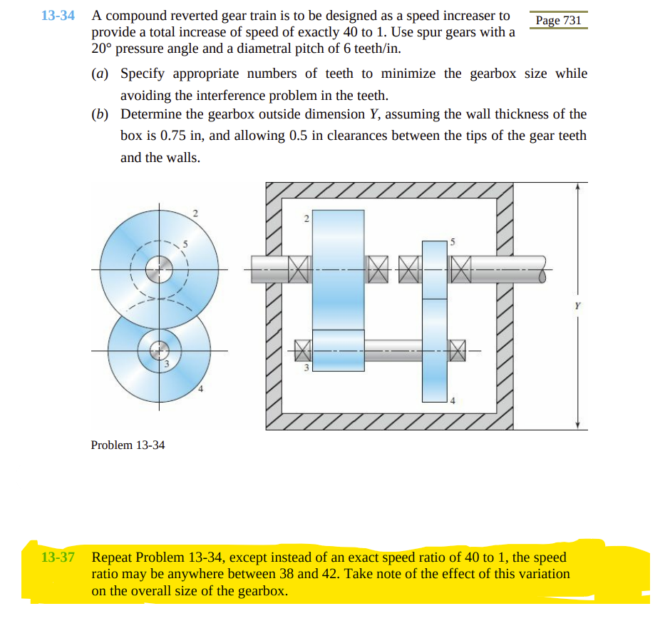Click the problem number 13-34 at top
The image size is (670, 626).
(58, 16)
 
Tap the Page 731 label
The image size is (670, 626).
(558, 20)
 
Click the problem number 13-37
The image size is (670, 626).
(58, 557)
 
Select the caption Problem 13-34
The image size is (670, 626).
(128, 445)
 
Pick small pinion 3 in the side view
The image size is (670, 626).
(338, 350)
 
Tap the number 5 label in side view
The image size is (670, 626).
(451, 243)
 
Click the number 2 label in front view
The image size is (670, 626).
(195, 213)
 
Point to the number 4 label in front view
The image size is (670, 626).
(201, 389)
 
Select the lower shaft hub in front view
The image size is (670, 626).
(158, 350)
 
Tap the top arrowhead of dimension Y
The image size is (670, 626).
(578, 187)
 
